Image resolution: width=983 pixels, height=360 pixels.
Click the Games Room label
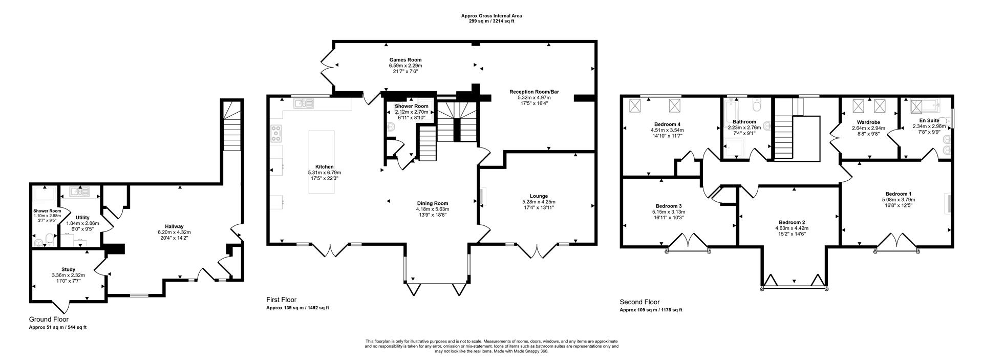click(405, 60)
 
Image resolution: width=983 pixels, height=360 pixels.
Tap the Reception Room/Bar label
click(534, 92)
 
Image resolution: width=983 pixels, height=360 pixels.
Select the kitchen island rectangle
click(322, 162)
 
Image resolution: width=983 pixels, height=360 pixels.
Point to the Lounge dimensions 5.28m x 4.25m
click(539, 202)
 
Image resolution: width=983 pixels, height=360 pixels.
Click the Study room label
click(68, 269)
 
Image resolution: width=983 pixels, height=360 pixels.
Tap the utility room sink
click(80, 192)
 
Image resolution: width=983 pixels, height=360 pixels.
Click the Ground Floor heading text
click(49, 319)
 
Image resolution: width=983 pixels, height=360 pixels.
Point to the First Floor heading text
click(281, 300)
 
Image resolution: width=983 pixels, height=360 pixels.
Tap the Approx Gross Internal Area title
click(491, 16)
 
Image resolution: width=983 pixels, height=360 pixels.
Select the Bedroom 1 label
click(898, 194)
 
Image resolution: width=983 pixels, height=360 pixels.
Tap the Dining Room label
click(432, 203)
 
